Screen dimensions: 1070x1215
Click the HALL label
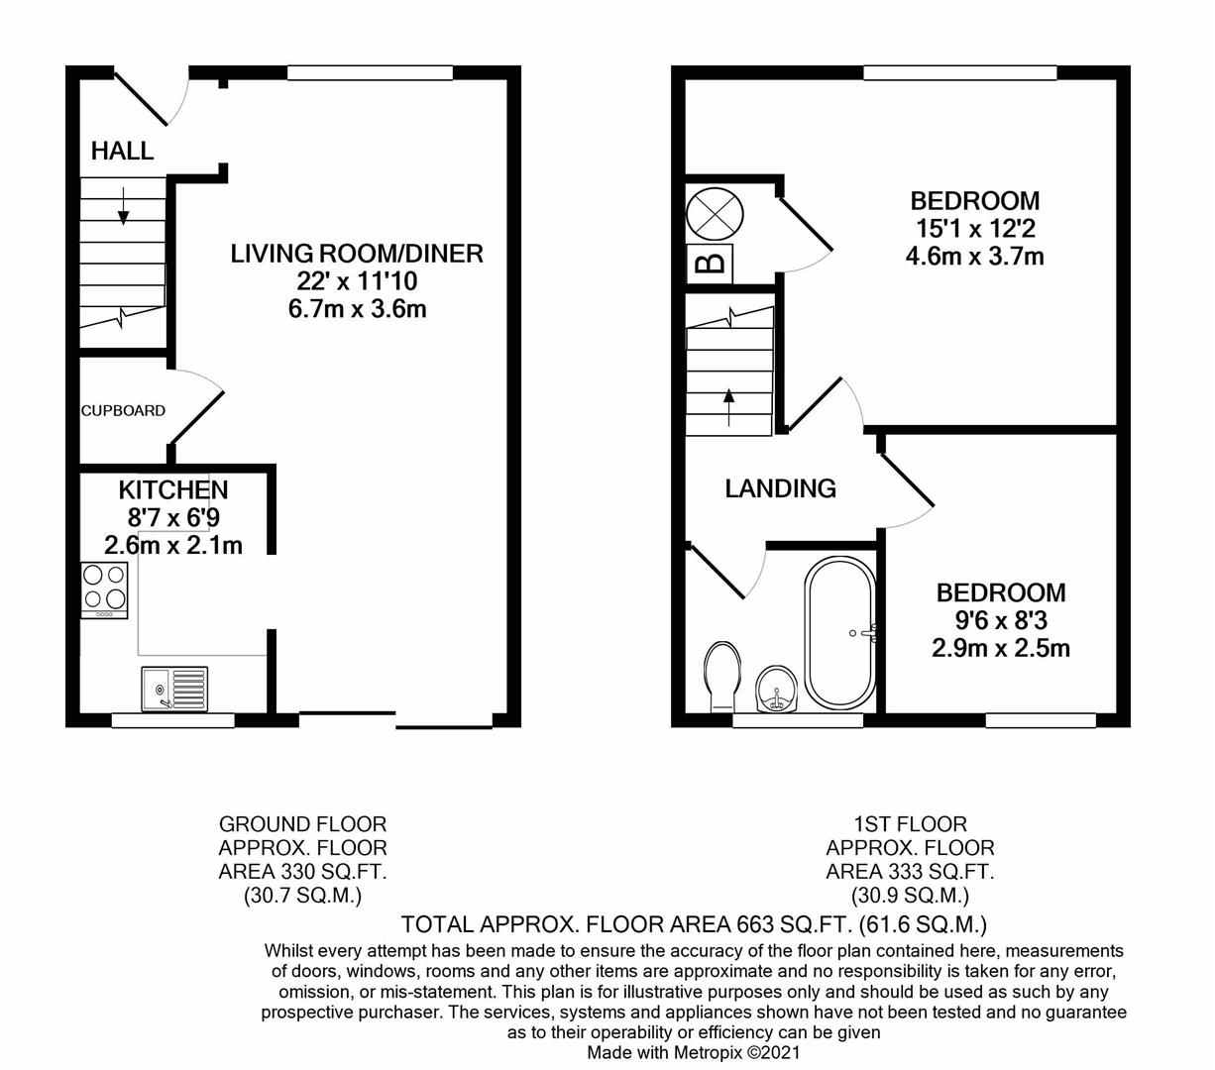tap(122, 151)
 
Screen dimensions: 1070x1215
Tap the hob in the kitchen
tap(104, 589)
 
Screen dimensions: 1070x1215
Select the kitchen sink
tap(174, 688)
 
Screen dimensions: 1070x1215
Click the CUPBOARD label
tap(123, 410)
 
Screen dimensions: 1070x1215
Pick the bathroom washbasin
tap(775, 689)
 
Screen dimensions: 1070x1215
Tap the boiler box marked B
tap(709, 264)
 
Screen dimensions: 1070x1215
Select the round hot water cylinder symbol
tap(714, 212)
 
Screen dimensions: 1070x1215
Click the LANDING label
tap(780, 488)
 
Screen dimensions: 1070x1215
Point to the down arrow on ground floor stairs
tap(124, 205)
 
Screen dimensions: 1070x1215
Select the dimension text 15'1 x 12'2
tap(975, 229)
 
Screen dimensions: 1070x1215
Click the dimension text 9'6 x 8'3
tap(1001, 621)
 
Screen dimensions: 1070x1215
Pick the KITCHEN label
tap(173, 489)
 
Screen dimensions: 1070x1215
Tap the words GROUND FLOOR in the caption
tap(302, 824)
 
